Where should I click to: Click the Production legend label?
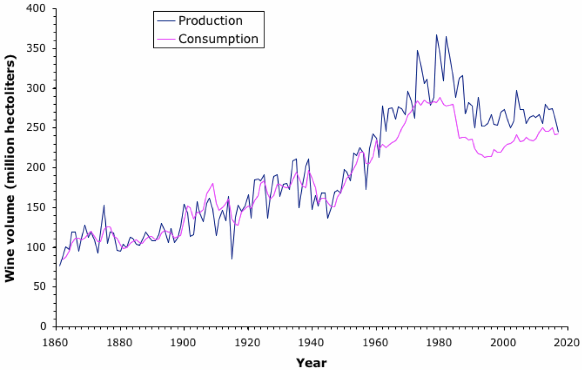[x=210, y=20]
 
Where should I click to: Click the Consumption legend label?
[x=218, y=39]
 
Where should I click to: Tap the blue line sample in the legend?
[x=165, y=21]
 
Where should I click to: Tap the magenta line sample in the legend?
[x=165, y=39]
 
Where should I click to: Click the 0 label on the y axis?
[x=43, y=327]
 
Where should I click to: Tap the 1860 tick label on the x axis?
[x=56, y=343]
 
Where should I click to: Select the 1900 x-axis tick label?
[x=184, y=343]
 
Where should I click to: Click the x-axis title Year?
[x=311, y=362]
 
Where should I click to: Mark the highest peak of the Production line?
[x=437, y=35]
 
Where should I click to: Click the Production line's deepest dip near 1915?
[x=232, y=259]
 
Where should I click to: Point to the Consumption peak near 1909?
[x=213, y=184]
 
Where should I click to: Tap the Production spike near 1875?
[x=104, y=205]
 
